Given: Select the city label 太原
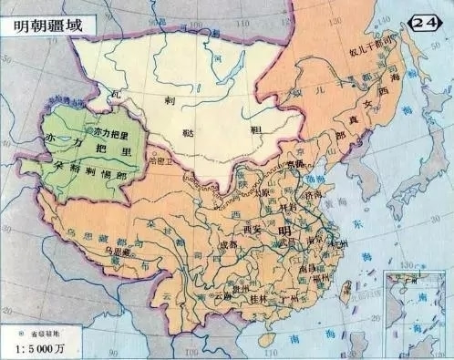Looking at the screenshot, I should coord(266,192).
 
